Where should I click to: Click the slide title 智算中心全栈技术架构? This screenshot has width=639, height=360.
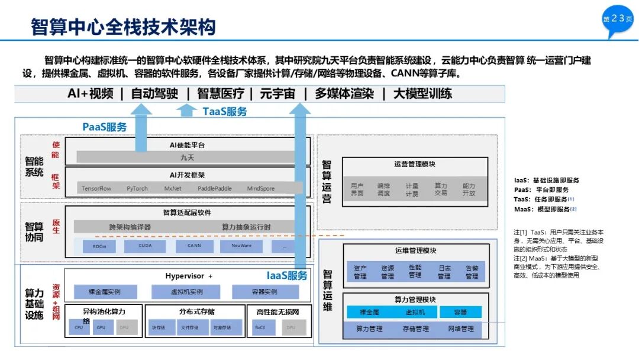click(123, 26)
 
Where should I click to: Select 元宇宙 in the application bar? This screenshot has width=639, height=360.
click(277, 94)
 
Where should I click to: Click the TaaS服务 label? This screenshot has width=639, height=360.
click(225, 111)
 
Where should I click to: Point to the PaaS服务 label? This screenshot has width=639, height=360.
click(105, 127)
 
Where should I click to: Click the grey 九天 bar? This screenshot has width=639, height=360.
click(186, 157)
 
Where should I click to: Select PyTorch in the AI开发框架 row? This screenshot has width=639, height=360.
click(137, 189)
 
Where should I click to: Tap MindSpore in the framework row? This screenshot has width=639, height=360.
click(261, 189)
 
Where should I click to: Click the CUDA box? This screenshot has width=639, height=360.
click(146, 245)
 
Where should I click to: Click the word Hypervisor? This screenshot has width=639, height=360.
click(185, 276)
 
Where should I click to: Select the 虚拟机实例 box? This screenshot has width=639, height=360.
click(186, 292)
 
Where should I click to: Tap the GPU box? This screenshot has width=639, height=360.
click(101, 327)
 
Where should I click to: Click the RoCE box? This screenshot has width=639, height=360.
click(260, 327)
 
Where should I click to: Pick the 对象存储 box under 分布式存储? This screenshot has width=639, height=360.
click(223, 327)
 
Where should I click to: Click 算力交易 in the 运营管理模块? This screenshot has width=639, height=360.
click(441, 189)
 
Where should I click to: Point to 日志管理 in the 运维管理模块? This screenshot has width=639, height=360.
click(444, 272)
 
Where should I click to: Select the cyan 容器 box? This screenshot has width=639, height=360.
click(460, 312)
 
